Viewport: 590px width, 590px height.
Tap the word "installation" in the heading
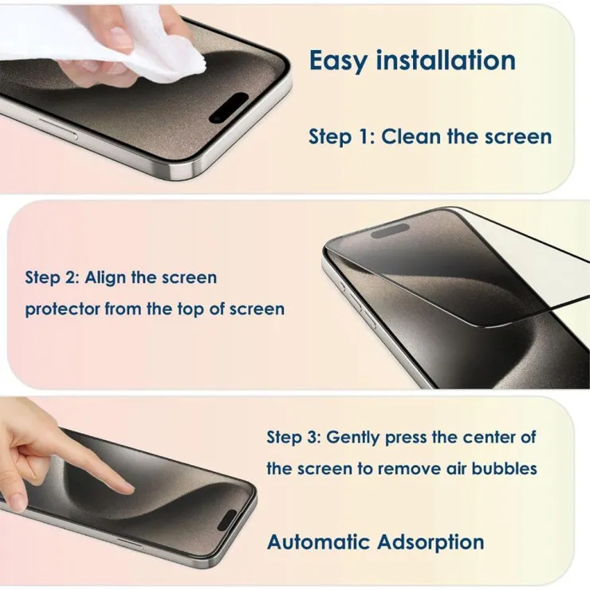coord(446,60)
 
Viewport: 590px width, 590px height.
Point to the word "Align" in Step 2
coord(105,278)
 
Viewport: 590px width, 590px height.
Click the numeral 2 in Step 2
coord(71,277)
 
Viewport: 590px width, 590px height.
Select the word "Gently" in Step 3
coord(352,438)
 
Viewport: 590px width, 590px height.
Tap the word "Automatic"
coord(318,542)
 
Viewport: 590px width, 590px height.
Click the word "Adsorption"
coord(431,543)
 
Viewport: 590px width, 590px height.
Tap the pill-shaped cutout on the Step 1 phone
coord(228,108)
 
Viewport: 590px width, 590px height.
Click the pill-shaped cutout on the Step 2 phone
coord(390,230)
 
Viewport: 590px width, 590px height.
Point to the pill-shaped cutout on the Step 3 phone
coord(226,521)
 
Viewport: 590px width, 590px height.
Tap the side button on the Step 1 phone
coord(57,128)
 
